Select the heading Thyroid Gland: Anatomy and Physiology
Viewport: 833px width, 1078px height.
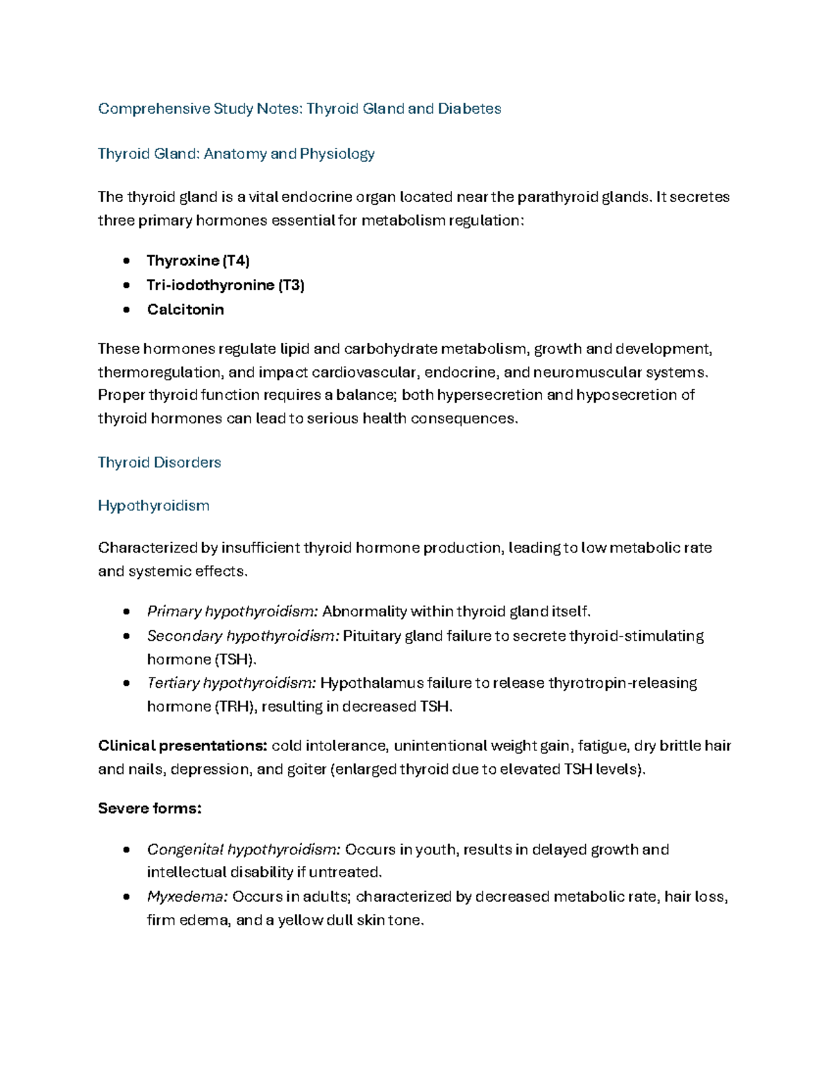pos(236,154)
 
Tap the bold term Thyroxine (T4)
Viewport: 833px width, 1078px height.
pos(198,261)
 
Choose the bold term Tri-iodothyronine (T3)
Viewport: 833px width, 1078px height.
pos(226,285)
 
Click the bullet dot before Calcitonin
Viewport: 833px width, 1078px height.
pos(126,310)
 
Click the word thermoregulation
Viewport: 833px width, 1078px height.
pos(160,373)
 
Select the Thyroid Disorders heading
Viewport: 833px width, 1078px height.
pos(159,463)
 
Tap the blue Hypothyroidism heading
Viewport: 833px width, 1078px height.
pos(153,506)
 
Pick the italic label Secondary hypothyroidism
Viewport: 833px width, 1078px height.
pos(243,636)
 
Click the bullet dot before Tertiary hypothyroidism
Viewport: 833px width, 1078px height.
pos(126,683)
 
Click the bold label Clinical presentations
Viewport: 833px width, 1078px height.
pos(183,746)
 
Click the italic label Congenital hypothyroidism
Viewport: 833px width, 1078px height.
pos(244,850)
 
